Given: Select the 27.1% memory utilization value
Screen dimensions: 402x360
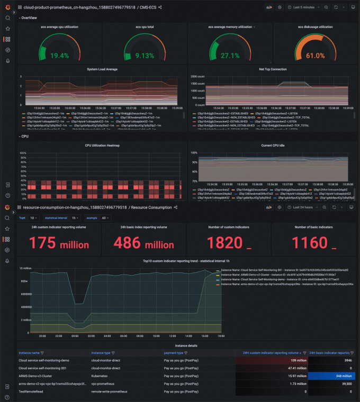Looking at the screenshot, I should point(230,56).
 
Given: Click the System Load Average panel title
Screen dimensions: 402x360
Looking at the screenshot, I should point(102,69).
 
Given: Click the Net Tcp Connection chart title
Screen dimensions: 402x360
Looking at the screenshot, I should point(272,69).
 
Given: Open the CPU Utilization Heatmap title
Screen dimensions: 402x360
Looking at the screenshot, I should point(102,145).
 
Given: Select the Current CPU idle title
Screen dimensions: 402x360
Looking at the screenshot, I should point(272,145).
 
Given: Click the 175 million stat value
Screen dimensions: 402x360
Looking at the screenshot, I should point(59,243).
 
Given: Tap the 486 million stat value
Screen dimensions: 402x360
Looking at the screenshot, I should point(145,243).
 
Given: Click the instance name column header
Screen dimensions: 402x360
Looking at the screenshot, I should point(29,353).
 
